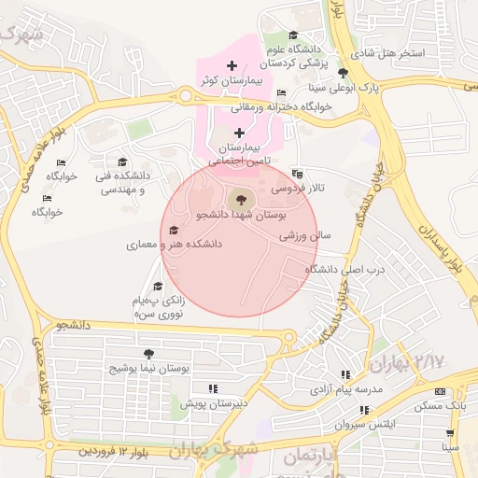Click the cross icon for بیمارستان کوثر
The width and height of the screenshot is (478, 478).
tap(232, 64)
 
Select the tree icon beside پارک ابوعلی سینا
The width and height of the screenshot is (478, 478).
tap(344, 73)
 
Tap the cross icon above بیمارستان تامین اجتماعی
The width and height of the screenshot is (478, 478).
tap(240, 134)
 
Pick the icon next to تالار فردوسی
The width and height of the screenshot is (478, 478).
tap(297, 174)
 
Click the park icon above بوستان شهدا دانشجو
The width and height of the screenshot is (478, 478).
tap(239, 199)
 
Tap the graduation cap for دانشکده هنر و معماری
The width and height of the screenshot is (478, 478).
tap(174, 230)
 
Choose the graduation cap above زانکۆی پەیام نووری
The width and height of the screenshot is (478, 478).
tap(158, 287)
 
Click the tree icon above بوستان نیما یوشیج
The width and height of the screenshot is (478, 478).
tap(148, 354)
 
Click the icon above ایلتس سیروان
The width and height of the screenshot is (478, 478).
tap(364, 410)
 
